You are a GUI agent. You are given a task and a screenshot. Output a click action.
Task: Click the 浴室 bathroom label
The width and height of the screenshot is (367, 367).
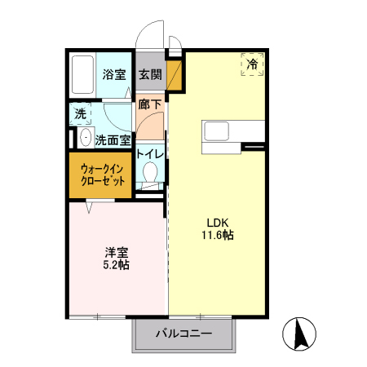[x=114, y=75]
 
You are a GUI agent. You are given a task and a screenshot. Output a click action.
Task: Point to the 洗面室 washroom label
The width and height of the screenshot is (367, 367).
[x=113, y=139]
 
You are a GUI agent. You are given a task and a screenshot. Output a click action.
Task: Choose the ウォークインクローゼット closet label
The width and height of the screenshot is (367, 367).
[x=103, y=175]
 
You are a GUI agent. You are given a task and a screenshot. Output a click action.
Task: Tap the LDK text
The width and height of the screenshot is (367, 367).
[x=217, y=222]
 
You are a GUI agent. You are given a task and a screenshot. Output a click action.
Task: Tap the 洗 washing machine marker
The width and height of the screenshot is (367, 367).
[x=80, y=114]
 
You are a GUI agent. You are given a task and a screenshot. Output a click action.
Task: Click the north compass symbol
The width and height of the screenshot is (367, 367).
[x=298, y=333]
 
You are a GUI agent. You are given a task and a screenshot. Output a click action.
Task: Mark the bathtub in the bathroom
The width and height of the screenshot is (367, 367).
[x=82, y=74]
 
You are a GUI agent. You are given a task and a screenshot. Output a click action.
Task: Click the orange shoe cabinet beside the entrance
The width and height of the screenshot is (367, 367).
[x=174, y=73]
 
